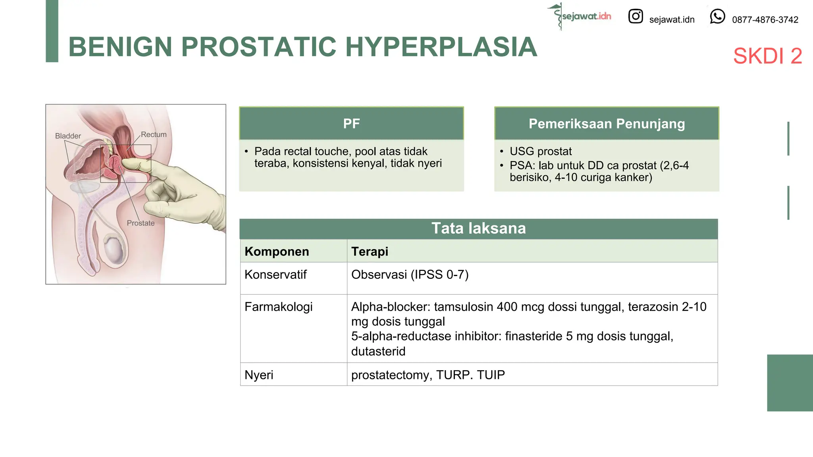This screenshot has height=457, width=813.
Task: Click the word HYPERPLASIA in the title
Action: [x=441, y=47]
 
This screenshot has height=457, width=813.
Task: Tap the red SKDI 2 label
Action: [x=767, y=56]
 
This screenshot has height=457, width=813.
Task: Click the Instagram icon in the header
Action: [x=635, y=16]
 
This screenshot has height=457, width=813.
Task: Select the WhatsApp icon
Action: [x=717, y=17]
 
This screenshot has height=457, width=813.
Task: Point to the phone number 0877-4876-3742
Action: [x=765, y=20]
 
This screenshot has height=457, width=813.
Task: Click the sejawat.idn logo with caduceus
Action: [x=580, y=16]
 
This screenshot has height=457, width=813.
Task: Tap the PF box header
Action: [x=351, y=124]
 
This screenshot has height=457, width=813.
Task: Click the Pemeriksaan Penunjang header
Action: [x=607, y=124]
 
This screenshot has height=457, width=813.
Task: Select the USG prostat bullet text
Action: [x=541, y=151]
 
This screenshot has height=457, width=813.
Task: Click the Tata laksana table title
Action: [x=478, y=228]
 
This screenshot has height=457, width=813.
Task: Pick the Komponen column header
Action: [x=277, y=252]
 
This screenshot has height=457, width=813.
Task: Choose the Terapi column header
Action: [x=370, y=252]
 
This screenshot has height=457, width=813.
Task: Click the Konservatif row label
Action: [x=275, y=275]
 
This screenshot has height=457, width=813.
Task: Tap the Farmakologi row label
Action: [x=278, y=307]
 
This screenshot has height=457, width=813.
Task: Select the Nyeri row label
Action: [x=259, y=375]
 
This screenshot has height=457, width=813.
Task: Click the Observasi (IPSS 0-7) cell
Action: [x=410, y=275]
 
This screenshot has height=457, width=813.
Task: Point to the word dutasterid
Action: [x=378, y=351]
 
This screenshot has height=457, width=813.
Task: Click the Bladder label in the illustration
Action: [x=68, y=136]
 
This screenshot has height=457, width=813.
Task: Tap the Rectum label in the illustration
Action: [x=154, y=134]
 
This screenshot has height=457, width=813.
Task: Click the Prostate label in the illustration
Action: [x=141, y=223]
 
